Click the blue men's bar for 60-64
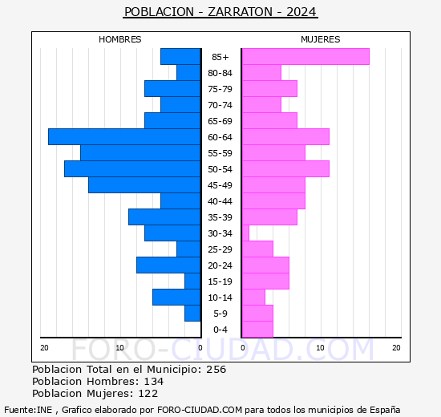click(124, 137)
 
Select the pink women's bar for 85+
click(305, 57)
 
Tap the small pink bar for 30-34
click(245, 233)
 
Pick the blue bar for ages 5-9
click(192, 314)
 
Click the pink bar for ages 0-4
click(257, 330)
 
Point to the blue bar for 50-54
click(132, 169)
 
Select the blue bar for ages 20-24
click(168, 265)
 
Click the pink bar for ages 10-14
click(253, 298)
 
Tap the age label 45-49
click(220, 185)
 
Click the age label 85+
click(220, 57)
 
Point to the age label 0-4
click(220, 330)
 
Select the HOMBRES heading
click(119, 39)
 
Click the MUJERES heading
click(321, 39)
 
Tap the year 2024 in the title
click(301, 12)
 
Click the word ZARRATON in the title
click(241, 12)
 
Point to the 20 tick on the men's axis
click(44, 348)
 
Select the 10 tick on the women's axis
click(321, 348)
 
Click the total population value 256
click(216, 369)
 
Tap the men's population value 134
click(154, 381)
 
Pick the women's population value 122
click(148, 394)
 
